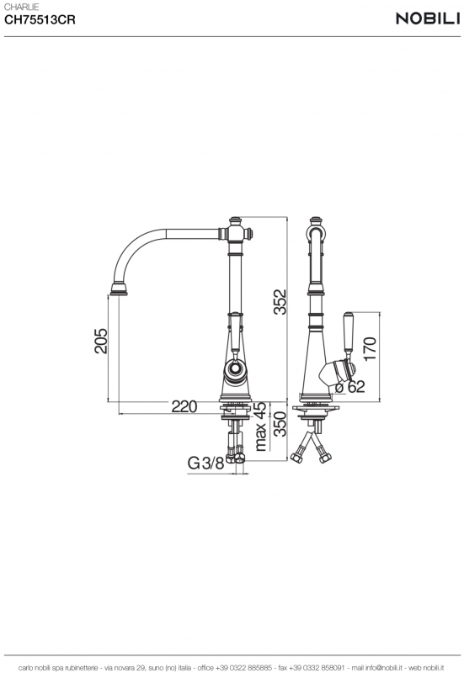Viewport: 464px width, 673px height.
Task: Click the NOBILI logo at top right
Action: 428,19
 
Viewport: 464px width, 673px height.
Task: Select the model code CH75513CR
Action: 40,19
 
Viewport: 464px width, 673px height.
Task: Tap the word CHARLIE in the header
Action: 22,7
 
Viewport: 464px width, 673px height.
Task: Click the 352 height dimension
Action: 280,302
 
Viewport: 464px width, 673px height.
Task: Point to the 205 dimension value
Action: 101,341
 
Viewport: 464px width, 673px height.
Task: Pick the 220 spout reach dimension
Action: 184,406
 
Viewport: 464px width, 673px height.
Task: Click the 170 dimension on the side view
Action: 370,348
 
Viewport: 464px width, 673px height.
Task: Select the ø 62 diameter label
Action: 349,387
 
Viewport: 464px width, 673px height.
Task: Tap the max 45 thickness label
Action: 260,427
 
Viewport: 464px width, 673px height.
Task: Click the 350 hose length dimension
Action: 280,424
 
